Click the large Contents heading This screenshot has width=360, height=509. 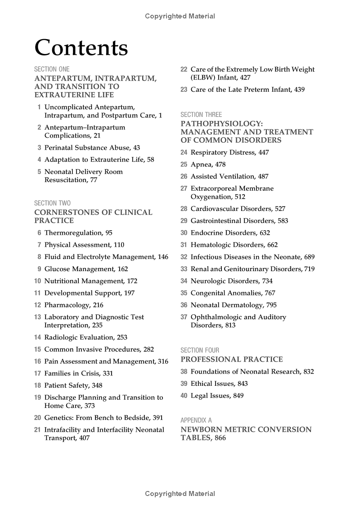81,48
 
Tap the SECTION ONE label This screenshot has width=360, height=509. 52,69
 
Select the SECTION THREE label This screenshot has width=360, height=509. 201,115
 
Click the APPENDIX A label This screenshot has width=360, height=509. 196,420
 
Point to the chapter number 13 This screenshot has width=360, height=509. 37,317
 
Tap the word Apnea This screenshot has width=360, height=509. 202,165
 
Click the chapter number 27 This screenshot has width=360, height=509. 184,189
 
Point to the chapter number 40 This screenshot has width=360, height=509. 184,396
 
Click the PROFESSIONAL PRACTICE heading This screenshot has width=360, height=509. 232,359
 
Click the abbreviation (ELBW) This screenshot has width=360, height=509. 204,77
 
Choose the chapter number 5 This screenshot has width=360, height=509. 39,172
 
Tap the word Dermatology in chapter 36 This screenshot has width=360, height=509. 238,305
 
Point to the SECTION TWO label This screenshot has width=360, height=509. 52,203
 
